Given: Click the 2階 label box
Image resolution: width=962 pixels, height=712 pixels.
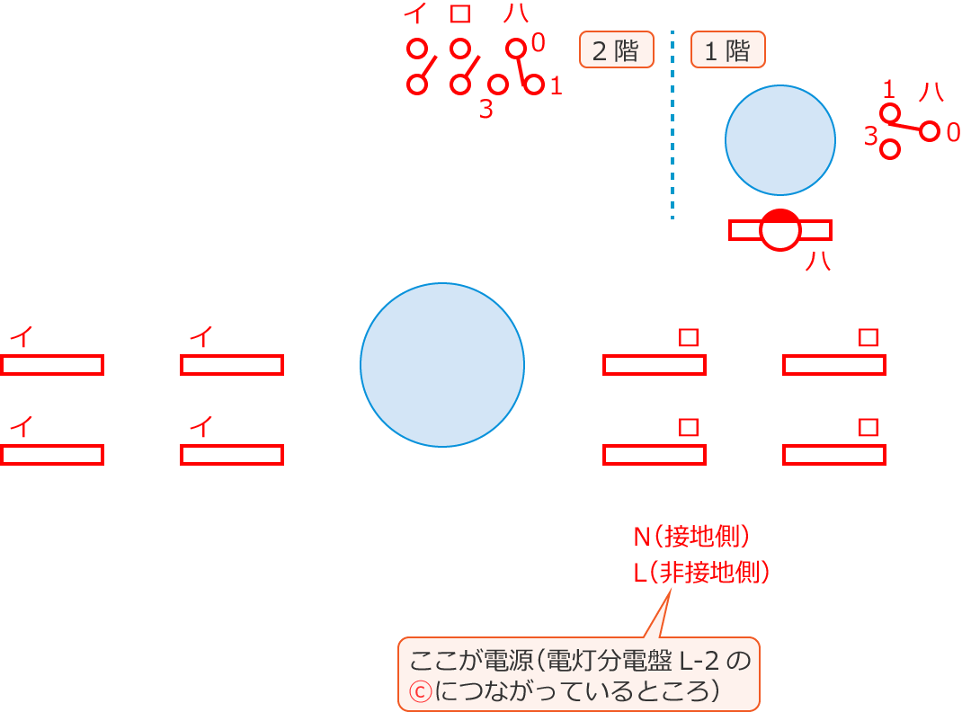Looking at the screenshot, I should [616, 50].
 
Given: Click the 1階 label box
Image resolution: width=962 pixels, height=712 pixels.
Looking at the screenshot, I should [727, 50].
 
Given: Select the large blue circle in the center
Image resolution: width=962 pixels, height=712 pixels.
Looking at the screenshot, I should [442, 365].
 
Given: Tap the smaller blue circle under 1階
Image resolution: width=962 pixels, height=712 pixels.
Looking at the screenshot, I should [780, 140].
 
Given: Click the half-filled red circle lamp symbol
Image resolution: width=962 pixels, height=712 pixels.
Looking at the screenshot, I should [779, 230].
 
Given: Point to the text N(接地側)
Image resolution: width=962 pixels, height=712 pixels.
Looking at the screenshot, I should [691, 538].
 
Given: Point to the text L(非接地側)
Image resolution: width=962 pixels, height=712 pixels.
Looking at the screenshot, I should [701, 573].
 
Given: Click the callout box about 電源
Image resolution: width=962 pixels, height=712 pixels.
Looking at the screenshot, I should [579, 674].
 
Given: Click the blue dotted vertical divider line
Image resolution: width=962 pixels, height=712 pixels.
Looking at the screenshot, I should [672, 126].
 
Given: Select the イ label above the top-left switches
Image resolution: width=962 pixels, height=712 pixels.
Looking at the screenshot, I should [414, 13].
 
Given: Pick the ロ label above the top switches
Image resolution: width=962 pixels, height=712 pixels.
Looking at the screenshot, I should [459, 13].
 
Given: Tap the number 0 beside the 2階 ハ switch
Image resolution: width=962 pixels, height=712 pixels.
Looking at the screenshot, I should [539, 41].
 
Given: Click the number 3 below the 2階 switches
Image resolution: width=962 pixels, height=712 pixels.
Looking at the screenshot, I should [485, 110].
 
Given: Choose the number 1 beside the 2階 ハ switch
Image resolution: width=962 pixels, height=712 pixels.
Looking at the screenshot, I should [556, 86].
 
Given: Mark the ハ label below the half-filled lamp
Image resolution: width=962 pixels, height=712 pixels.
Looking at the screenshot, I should [817, 261].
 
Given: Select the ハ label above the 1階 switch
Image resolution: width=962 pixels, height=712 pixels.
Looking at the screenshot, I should [931, 91].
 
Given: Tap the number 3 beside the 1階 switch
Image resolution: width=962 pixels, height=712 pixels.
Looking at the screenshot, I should [869, 137].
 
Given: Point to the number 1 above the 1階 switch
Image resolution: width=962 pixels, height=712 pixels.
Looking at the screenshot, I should [889, 89].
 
